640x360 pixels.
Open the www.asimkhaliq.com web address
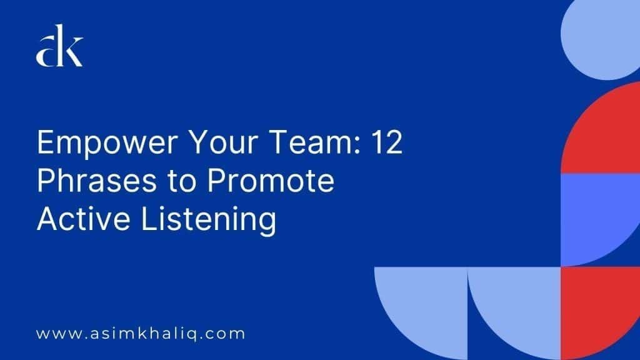[x=141, y=333]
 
